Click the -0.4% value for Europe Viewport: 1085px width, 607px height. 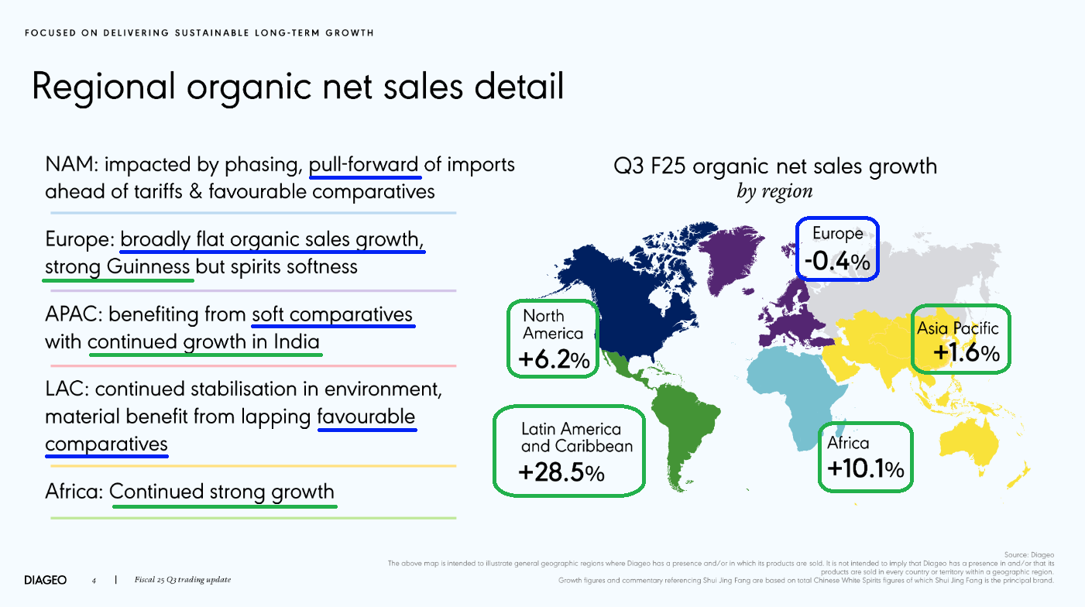pos(837,261)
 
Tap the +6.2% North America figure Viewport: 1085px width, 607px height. pos(554,359)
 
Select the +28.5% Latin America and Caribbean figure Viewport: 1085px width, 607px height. pos(561,472)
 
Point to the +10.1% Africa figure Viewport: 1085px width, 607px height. pos(866,468)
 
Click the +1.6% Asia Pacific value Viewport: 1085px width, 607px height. pos(967,352)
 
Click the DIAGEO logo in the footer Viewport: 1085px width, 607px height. pos(46,580)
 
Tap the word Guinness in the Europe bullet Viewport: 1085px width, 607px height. pos(148,266)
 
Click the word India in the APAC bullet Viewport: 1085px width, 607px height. pos(297,341)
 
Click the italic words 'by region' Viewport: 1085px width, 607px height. pos(774,192)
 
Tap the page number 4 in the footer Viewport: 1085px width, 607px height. pos(94,581)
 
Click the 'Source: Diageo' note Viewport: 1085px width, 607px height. pos(1028,554)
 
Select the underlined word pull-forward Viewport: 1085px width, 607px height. pos(364,165)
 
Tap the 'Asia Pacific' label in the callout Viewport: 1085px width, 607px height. pos(958,329)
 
